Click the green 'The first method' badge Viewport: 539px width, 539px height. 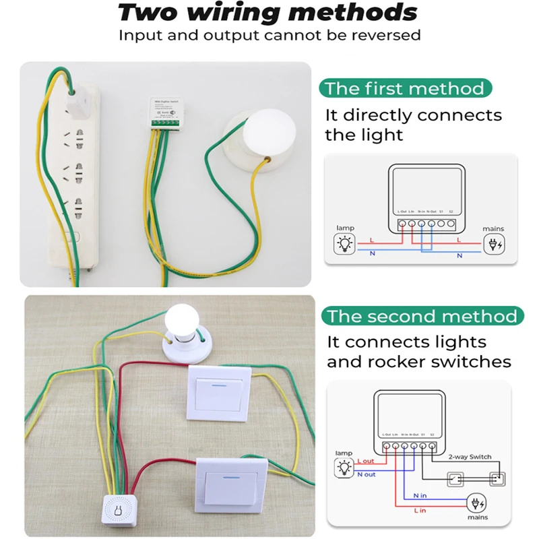pos(404,88)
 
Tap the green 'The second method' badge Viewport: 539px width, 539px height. pos(422,316)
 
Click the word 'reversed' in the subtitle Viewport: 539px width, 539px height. pos(386,34)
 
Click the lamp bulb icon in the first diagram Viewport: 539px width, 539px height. pos(346,244)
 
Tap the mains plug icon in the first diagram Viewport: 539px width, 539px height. pos(494,244)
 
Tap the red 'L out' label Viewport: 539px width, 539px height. pos(367,460)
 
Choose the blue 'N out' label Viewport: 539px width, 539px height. pos(367,475)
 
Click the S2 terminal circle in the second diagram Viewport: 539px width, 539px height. pos(433,445)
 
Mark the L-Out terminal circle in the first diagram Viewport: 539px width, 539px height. pos(402,222)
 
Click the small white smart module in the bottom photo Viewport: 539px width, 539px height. pos(121,509)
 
